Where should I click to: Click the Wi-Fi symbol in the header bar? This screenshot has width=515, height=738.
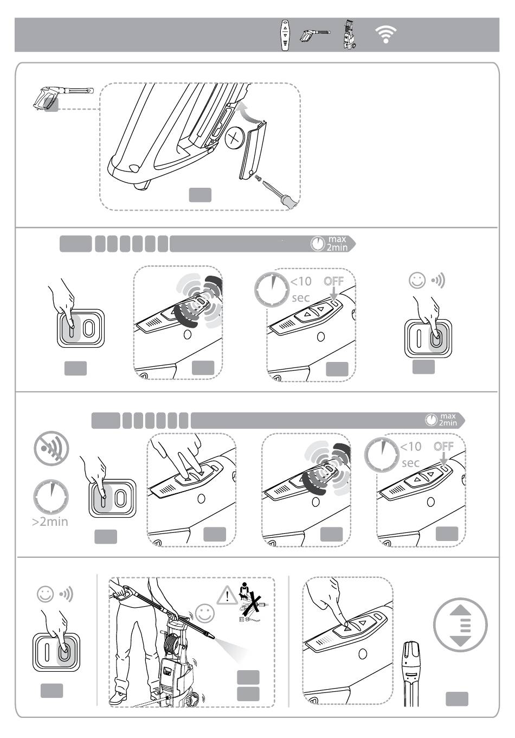click(x=385, y=34)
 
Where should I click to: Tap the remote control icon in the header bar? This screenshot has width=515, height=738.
click(x=285, y=35)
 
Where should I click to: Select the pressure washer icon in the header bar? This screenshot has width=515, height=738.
click(x=349, y=34)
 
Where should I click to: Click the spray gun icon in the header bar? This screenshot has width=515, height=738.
click(x=314, y=35)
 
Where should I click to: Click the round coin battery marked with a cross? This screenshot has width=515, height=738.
click(x=234, y=137)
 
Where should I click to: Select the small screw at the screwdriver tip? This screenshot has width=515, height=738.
click(x=257, y=177)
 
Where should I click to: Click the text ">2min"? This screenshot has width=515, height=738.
click(x=50, y=522)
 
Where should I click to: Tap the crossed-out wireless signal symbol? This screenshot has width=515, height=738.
click(x=51, y=448)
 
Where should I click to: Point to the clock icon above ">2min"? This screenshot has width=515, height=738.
click(x=51, y=497)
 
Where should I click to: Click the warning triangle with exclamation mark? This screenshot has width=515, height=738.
click(x=227, y=595)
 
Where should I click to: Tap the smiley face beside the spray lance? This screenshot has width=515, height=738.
click(x=205, y=613)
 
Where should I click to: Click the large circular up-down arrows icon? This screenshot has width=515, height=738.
click(x=460, y=625)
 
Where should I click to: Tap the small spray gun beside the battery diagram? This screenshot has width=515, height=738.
click(x=63, y=98)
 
